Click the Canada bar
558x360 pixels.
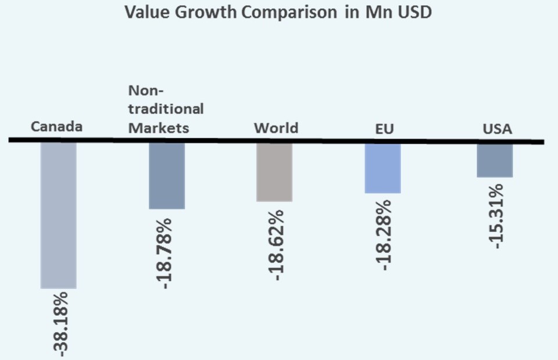click(58, 215)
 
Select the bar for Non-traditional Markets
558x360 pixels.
click(167, 176)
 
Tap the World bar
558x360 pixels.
click(274, 172)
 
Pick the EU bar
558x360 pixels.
click(382, 168)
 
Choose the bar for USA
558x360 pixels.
click(495, 160)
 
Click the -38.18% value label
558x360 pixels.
click(59, 323)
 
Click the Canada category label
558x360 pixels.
click(57, 127)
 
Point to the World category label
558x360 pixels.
click(276, 127)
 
